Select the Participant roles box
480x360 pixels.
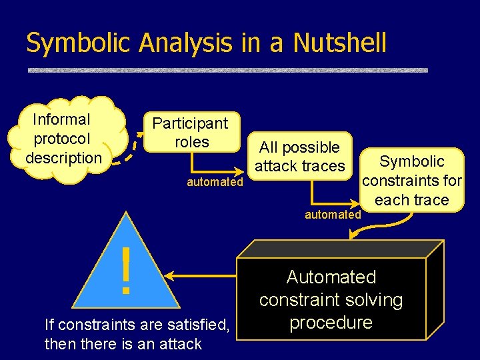[x=190, y=132]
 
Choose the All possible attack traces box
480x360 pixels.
[x=299, y=157]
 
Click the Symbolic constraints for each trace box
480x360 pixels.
[x=411, y=180]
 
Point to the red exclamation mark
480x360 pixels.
[x=125, y=270]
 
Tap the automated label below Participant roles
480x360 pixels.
[x=215, y=182]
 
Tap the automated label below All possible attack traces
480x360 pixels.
[x=333, y=215]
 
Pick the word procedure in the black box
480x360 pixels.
[x=331, y=323]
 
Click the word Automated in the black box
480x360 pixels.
[x=331, y=277]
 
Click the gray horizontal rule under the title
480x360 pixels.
[x=227, y=69]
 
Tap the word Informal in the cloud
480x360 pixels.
[x=62, y=120]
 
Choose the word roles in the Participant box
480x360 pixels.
[x=191, y=142]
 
